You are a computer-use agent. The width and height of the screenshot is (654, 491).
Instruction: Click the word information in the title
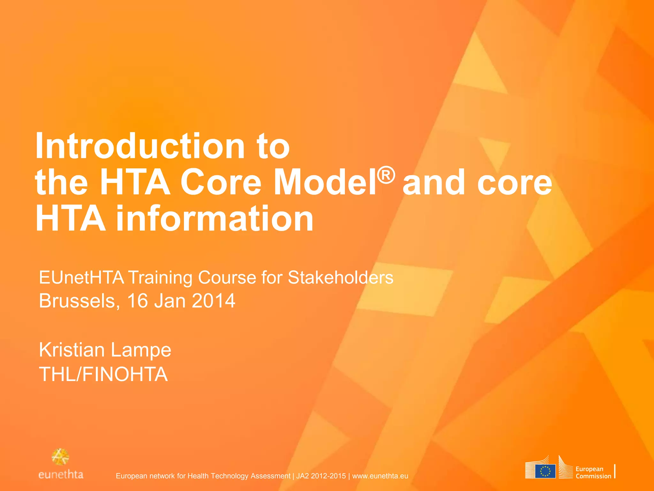(x=214, y=219)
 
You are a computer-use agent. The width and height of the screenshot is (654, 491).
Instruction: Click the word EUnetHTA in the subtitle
(x=81, y=277)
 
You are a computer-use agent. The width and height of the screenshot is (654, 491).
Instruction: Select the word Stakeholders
(x=340, y=277)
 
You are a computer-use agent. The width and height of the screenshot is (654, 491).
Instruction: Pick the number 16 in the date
(x=138, y=301)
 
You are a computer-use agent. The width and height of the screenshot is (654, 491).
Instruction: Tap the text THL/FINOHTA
(x=103, y=374)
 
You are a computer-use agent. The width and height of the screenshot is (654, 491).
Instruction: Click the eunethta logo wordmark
(x=61, y=475)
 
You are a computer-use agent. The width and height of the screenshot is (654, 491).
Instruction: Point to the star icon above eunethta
(x=60, y=457)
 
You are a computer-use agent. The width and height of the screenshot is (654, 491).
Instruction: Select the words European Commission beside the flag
(x=593, y=472)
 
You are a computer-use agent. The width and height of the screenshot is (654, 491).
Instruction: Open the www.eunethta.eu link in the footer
(x=380, y=476)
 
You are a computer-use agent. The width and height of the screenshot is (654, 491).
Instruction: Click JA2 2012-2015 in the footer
(x=321, y=476)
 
